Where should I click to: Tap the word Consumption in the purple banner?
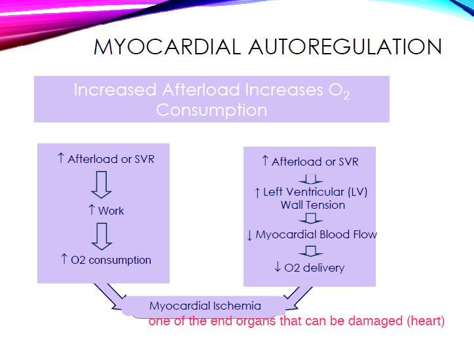(211, 109)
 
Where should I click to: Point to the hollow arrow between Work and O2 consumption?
(101, 236)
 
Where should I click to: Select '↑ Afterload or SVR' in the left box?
(106, 159)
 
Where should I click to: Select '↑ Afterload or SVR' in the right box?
(310, 162)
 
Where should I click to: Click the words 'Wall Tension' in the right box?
(312, 205)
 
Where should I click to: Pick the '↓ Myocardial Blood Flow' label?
(312, 234)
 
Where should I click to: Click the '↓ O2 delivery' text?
(310, 268)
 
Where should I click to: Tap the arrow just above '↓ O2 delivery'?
(310, 251)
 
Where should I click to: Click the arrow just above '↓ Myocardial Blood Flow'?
(310, 219)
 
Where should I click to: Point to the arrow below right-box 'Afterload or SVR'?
(310, 178)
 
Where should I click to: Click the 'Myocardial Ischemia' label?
(205, 306)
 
